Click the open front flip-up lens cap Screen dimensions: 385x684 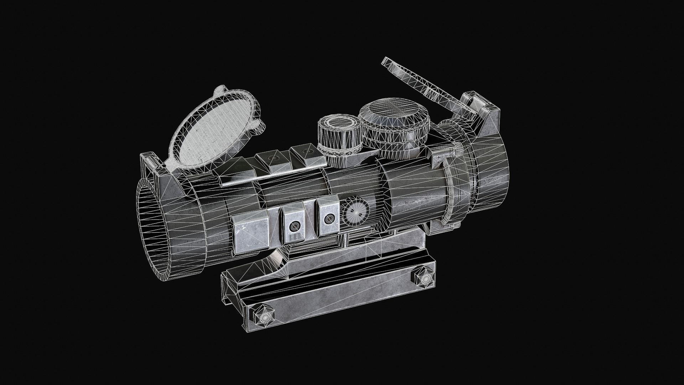pyautogui.click(x=214, y=132)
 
